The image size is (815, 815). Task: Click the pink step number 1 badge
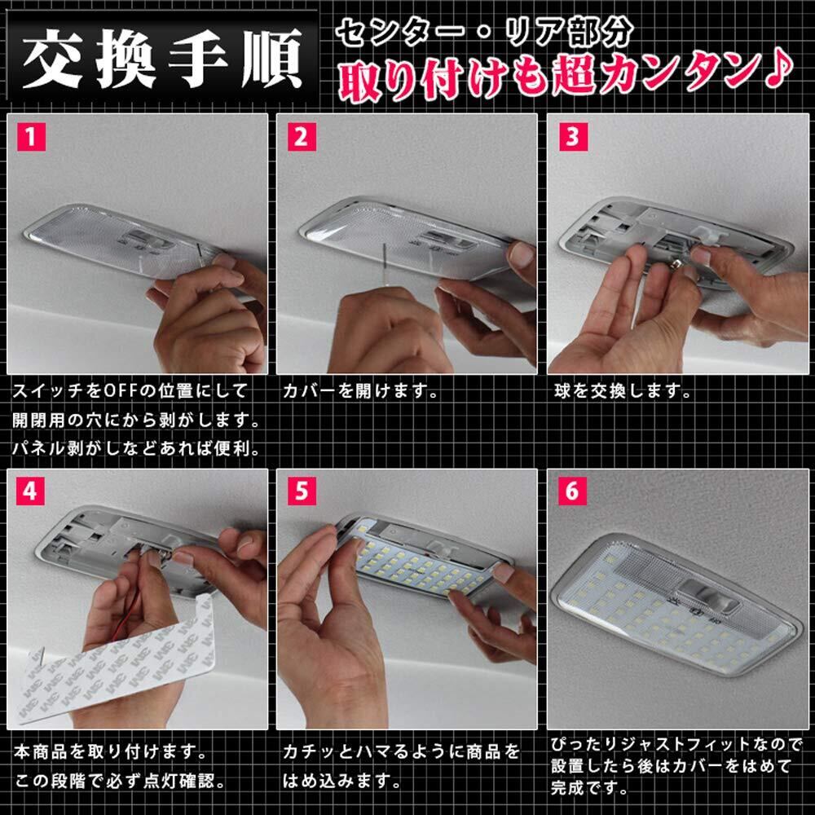point(31,137)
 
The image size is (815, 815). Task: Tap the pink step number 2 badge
point(302,137)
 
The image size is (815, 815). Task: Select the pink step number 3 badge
point(573,137)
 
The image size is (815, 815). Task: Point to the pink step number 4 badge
point(31,491)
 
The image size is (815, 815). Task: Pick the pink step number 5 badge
point(302,491)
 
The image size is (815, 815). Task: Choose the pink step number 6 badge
point(573,491)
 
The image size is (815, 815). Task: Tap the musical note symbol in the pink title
point(779,71)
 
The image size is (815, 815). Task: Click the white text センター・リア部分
point(484,33)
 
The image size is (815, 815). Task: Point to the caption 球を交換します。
point(623,391)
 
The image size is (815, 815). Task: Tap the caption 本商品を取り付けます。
point(111,751)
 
